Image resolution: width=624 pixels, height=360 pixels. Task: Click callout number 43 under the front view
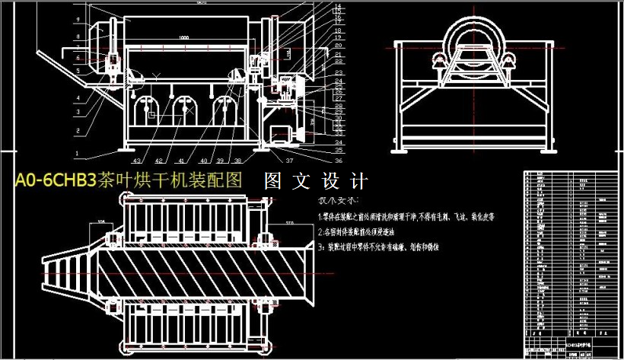tap(138, 161)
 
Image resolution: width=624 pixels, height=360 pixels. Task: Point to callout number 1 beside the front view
tap(77, 151)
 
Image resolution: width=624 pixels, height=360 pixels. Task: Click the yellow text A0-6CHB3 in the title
tap(55, 181)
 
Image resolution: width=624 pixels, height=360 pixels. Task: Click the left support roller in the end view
tap(441, 69)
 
